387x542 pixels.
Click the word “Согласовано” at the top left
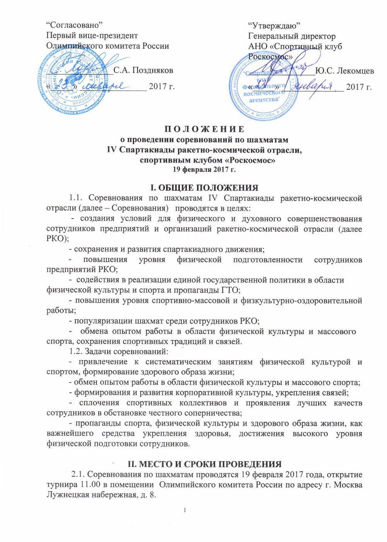[x=74, y=26]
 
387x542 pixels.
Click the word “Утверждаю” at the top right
[x=275, y=26]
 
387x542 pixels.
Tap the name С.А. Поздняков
[x=144, y=70]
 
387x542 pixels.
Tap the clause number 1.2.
[x=75, y=352]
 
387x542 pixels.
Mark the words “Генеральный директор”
[x=292, y=36]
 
